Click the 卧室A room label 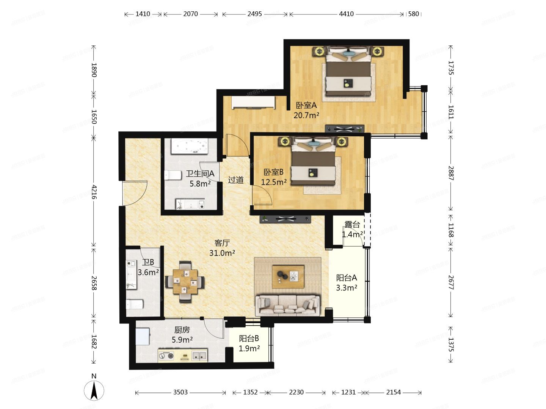pyautogui.click(x=306, y=105)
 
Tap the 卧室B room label pyautogui.click(x=273, y=172)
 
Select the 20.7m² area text pyautogui.click(x=306, y=115)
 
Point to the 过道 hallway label pyautogui.click(x=235, y=180)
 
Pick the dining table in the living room pyautogui.click(x=185, y=282)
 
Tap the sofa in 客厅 pyautogui.click(x=288, y=305)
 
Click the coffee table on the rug pyautogui.click(x=288, y=277)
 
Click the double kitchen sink pyautogui.click(x=199, y=356)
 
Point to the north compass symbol pyautogui.click(x=94, y=390)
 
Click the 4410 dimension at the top pyautogui.click(x=346, y=14)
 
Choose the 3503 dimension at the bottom pyautogui.click(x=180, y=392)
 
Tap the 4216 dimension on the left pyautogui.click(x=94, y=192)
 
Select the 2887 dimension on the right pyautogui.click(x=451, y=173)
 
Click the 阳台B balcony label pyautogui.click(x=249, y=338)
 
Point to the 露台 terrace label pyautogui.click(x=352, y=225)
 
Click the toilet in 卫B pyautogui.click(x=134, y=304)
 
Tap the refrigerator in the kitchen pyautogui.click(x=143, y=337)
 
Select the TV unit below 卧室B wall pyautogui.click(x=285, y=219)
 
